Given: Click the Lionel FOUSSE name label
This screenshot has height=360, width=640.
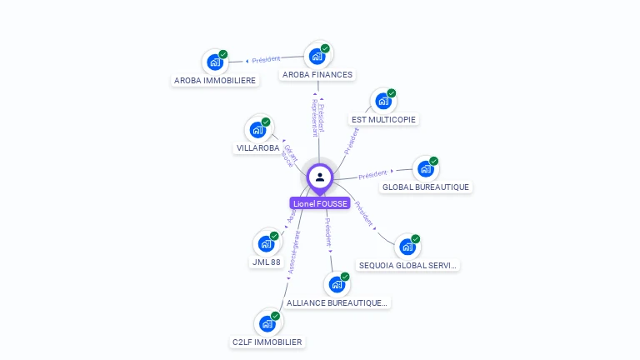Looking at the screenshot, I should pos(319,203).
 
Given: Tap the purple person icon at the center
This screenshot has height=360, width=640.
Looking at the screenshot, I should pos(320,177).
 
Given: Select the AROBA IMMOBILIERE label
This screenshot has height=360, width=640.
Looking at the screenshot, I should pos(215,80).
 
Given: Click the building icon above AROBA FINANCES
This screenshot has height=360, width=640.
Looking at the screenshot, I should pos(317,57).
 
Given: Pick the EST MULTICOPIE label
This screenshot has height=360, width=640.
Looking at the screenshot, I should pos(383,119).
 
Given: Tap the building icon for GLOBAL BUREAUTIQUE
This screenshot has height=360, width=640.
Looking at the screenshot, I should pos(425,169).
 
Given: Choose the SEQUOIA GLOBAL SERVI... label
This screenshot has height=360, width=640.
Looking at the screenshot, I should pos(407,265).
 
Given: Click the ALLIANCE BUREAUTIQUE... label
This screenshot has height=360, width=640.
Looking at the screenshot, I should pos(337,302).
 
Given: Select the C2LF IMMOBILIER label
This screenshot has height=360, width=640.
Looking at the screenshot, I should pos(267,342).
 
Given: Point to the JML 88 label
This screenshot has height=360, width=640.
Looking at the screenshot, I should pos(266,262).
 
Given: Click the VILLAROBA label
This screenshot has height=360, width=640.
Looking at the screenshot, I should pos(258,147).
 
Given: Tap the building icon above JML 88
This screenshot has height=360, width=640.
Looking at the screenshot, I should pos(266,243).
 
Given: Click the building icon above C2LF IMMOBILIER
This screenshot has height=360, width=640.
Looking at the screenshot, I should pos(267,323).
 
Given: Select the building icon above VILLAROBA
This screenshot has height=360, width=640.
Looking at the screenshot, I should pos(257,130).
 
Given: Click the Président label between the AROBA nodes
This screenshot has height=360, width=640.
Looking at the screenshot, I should pos(267,59).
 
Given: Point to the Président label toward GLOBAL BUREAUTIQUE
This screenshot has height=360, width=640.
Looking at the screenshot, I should pos(372,174).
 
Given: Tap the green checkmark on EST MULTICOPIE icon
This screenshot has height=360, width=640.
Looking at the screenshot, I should pos(392,93).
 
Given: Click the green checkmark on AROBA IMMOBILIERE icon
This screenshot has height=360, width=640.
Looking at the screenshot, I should pos(223,54).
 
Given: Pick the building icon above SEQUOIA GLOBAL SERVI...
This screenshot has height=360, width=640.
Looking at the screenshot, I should pos(407,247).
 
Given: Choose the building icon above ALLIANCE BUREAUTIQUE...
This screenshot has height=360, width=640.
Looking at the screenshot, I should pos(337,284).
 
